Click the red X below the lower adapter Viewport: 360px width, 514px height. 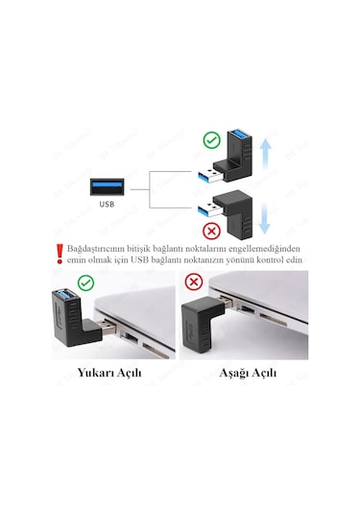click(x=212, y=231)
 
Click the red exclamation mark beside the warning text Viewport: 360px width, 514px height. click(x=60, y=253)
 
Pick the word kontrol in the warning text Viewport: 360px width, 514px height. click(x=267, y=259)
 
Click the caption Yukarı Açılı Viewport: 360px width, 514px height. click(x=109, y=372)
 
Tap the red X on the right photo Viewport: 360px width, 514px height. click(x=196, y=282)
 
